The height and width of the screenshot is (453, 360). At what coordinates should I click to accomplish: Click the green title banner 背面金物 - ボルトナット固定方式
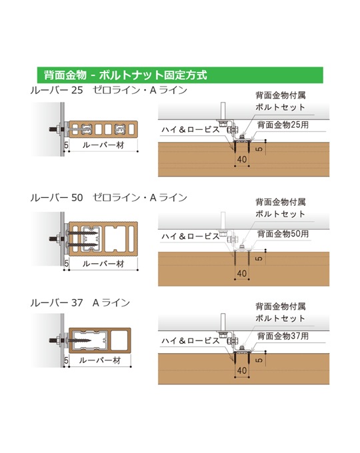[180, 75]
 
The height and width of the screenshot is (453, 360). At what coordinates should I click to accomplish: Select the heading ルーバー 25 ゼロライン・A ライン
[109, 90]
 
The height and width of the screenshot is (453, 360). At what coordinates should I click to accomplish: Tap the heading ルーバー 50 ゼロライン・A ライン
[109, 198]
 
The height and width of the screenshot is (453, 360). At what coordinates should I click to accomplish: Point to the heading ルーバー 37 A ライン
[80, 302]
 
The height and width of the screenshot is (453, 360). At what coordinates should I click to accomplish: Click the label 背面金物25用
[283, 125]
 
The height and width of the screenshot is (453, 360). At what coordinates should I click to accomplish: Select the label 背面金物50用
[283, 233]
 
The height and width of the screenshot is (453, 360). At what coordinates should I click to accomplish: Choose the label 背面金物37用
[283, 336]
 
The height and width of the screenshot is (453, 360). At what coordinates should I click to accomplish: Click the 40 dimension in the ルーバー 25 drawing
[242, 159]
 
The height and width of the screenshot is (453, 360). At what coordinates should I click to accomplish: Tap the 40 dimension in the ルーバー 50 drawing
[242, 273]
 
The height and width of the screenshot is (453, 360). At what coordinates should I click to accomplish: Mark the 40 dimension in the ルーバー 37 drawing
[242, 370]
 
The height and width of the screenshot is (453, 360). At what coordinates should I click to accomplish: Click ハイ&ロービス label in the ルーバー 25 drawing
[191, 129]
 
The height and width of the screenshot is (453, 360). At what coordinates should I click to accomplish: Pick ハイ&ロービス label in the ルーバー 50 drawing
[191, 236]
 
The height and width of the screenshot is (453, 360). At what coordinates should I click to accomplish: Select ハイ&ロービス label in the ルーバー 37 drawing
[191, 340]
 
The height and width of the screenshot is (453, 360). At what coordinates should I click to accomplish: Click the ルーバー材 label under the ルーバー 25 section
[103, 145]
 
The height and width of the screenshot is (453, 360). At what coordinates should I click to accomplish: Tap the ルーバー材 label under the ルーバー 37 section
[100, 360]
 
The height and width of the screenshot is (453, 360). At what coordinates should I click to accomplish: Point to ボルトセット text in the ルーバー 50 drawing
[280, 214]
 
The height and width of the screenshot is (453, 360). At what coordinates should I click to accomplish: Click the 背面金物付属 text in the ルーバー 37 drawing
[281, 306]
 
